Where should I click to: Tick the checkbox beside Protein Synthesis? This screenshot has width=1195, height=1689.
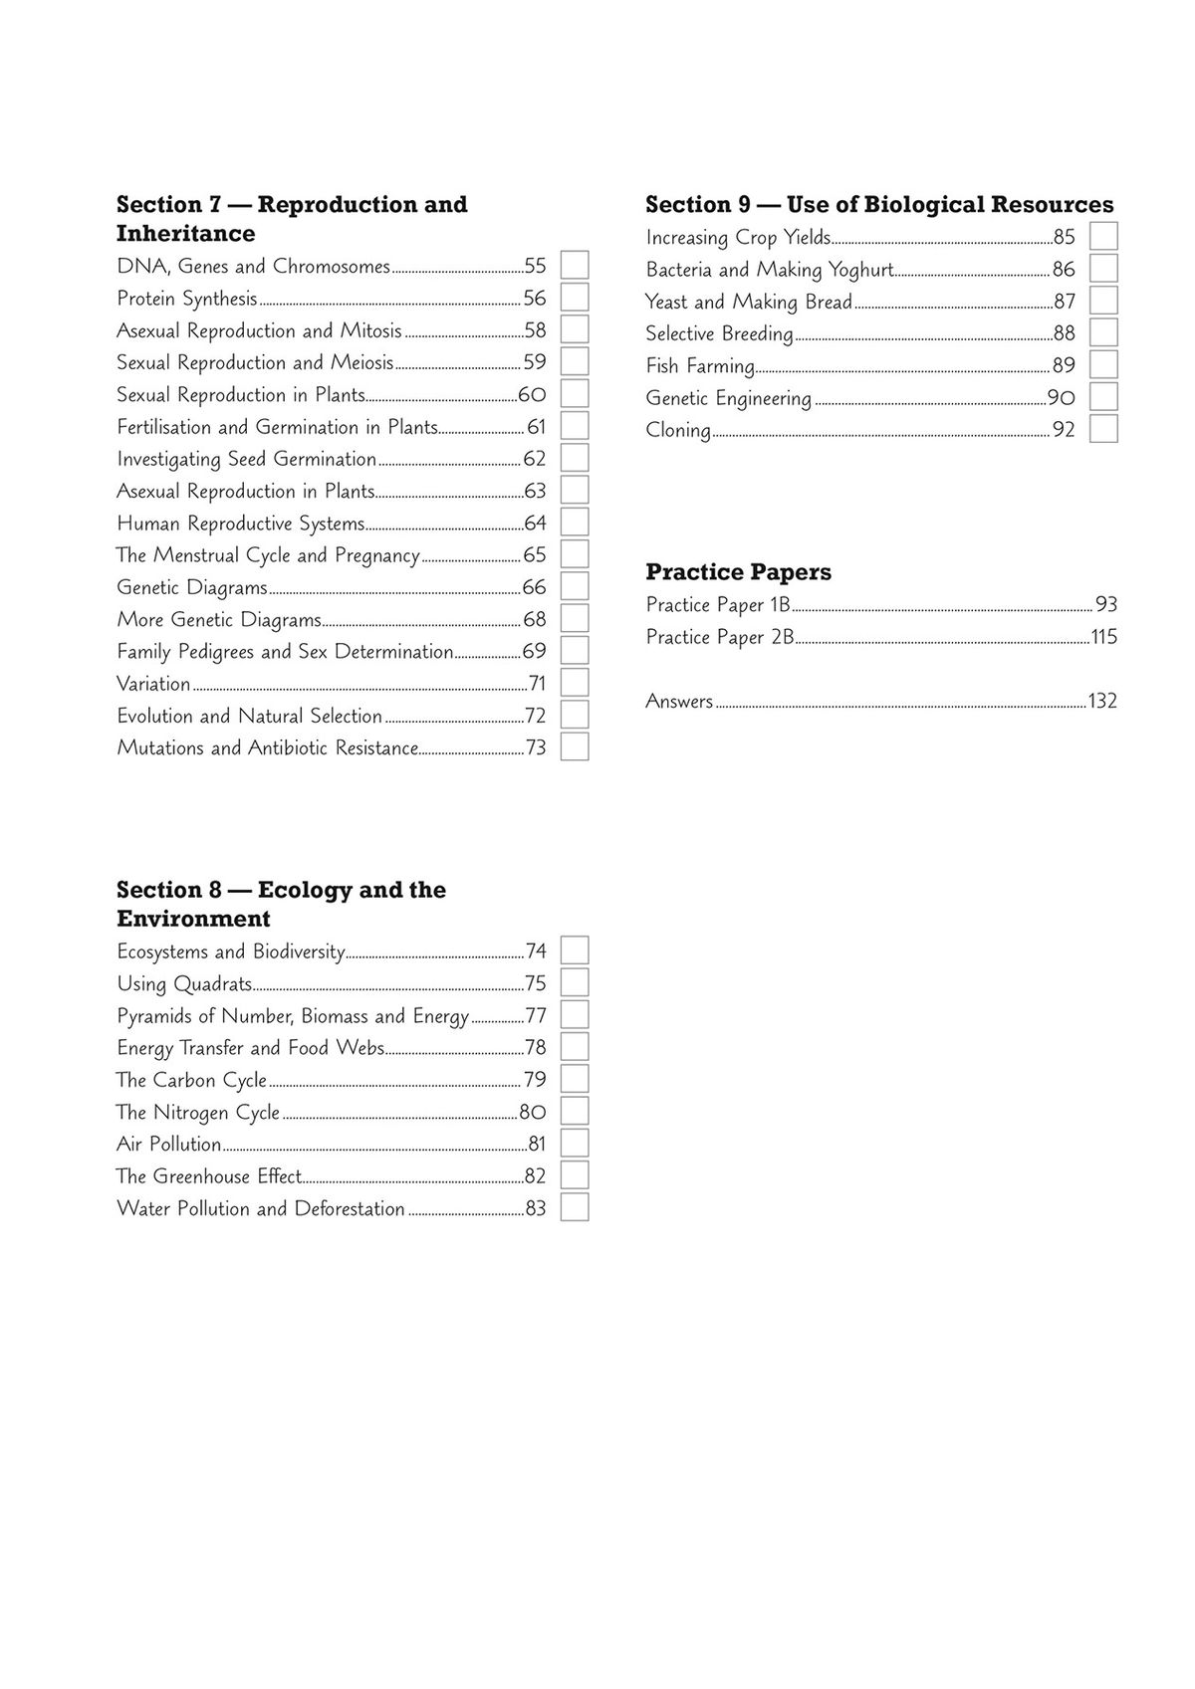[575, 298]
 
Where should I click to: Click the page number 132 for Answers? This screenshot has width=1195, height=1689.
[1102, 702]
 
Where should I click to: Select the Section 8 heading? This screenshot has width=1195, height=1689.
[281, 904]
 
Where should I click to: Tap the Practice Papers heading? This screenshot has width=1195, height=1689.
[738, 572]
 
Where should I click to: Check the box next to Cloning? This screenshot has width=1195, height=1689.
[1103, 429]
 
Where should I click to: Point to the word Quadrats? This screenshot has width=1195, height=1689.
[213, 984]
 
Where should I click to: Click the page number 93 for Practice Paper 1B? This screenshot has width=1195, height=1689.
[1105, 605]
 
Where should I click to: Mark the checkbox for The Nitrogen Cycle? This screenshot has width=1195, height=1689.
[575, 1112]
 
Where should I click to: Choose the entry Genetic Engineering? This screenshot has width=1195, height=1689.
[728, 399]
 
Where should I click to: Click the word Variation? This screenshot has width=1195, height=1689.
[153, 684]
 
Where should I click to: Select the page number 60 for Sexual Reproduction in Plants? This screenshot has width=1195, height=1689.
[532, 395]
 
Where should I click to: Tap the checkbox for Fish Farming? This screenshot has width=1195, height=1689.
[1103, 365]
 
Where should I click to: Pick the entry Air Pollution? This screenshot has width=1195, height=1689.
[168, 1145]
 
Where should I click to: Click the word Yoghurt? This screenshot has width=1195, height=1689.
[860, 270]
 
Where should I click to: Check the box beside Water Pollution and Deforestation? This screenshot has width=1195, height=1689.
[575, 1208]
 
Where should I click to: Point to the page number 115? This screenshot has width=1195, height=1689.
[1104, 637]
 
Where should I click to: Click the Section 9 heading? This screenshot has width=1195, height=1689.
[879, 205]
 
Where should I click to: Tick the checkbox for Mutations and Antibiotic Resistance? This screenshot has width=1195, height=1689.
[575, 747]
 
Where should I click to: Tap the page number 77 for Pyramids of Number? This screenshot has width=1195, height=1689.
[536, 1016]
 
